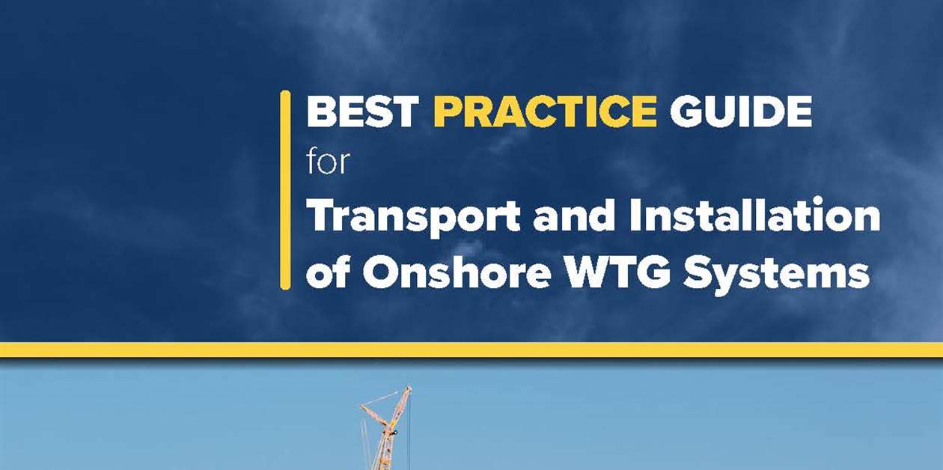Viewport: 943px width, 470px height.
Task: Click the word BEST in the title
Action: coord(362,112)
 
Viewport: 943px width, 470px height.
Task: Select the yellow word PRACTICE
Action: coord(545,112)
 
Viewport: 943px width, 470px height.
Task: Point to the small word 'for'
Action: coord(328,160)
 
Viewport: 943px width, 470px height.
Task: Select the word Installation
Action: coord(754,216)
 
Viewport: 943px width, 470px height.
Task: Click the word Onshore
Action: coord(457,272)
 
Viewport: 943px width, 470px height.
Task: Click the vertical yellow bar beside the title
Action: coord(285,190)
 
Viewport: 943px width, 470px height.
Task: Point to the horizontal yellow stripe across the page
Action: coord(471,350)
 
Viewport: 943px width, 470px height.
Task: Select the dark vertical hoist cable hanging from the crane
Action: coord(409,434)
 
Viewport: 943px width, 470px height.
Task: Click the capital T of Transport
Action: coord(322,216)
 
